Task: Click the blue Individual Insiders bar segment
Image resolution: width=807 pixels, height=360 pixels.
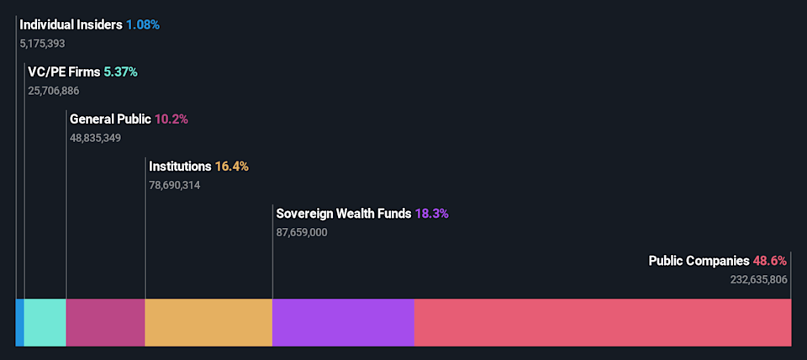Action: [20, 322]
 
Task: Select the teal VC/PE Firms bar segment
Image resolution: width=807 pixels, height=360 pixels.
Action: [45, 322]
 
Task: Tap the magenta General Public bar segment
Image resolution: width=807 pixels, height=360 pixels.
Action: [106, 322]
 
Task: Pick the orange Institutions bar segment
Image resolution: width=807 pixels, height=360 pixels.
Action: [208, 322]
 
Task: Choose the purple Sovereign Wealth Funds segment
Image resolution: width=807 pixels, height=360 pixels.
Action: [343, 322]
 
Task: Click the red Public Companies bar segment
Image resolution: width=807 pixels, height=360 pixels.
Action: [603, 322]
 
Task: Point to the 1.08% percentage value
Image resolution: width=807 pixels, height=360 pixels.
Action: [143, 24]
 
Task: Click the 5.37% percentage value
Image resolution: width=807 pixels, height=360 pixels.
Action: [120, 72]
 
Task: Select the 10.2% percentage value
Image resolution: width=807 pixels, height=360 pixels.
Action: [171, 119]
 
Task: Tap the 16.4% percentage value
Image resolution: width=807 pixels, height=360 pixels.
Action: [232, 167]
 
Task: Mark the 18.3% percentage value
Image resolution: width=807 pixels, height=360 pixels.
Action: [432, 214]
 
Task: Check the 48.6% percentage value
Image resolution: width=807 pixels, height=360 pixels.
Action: [772, 261]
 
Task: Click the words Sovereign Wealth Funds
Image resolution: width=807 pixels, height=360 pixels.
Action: [344, 214]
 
